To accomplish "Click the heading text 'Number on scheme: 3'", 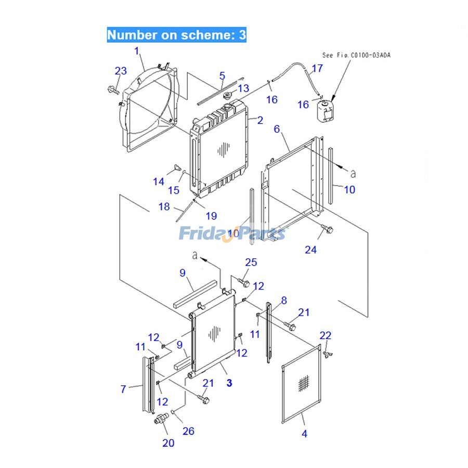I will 176,35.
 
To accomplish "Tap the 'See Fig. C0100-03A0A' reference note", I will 356,55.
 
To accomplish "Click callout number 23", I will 121,71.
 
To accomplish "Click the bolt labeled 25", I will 243,282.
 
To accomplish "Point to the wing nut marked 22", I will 327,354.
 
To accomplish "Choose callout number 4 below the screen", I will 304,433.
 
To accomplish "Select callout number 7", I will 123,388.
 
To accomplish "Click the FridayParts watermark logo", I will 233,233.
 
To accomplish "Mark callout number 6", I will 277,128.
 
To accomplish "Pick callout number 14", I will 158,181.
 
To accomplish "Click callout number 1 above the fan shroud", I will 137,51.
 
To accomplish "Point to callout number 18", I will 164,206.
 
